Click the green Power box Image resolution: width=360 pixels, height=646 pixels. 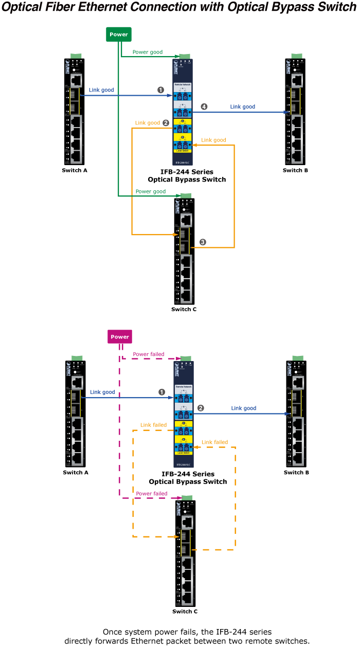pos(118,34)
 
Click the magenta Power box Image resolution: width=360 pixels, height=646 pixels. pos(120,337)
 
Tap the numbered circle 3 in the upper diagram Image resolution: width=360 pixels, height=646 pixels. pos(203,242)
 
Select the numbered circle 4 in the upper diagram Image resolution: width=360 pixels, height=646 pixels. pos(204,106)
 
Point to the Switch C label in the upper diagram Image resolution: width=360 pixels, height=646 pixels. pos(184,309)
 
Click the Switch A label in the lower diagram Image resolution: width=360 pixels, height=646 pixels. pos(76,472)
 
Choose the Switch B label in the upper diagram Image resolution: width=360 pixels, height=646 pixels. pos(295,170)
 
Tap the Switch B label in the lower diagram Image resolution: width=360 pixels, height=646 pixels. pos(296,472)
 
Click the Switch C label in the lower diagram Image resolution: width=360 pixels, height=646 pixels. pos(185,612)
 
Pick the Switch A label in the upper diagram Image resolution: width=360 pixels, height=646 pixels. pos(75,170)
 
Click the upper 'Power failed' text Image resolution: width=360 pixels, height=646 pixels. pos(149,354)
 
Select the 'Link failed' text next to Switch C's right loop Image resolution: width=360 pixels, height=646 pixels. pos(215,442)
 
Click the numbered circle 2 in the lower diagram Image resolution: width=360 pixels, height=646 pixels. pos(201,408)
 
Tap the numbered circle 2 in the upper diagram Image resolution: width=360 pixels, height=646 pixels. pos(166,123)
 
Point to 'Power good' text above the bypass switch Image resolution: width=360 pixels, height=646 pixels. pos(147,52)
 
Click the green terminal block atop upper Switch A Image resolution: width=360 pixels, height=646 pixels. pos(76,56)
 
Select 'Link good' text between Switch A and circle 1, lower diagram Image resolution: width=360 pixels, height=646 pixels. pos(102,392)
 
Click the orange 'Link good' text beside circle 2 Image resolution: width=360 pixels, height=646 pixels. pos(147,123)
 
